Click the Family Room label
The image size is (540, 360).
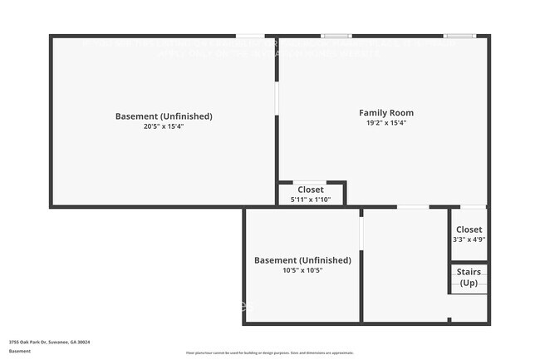pos(385,113)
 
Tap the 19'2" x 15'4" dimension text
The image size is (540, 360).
pos(385,123)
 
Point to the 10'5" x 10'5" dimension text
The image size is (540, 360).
pos(302,270)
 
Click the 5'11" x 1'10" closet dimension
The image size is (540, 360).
pos(310,200)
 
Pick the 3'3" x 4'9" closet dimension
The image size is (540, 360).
pos(469,239)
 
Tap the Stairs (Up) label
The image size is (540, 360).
pos(469,278)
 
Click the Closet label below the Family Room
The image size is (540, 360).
pos(310,190)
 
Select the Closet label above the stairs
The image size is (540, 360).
pos(469,229)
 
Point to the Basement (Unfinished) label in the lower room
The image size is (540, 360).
pos(302,260)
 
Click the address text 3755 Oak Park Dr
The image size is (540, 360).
pos(49,342)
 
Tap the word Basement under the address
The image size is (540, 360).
pos(19,351)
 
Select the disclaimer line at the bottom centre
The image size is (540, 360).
pos(269,353)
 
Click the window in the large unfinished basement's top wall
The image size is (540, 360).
pos(250,36)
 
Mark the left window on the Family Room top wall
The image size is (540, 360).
pos(336,36)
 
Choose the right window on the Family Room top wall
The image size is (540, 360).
pos(459,36)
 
